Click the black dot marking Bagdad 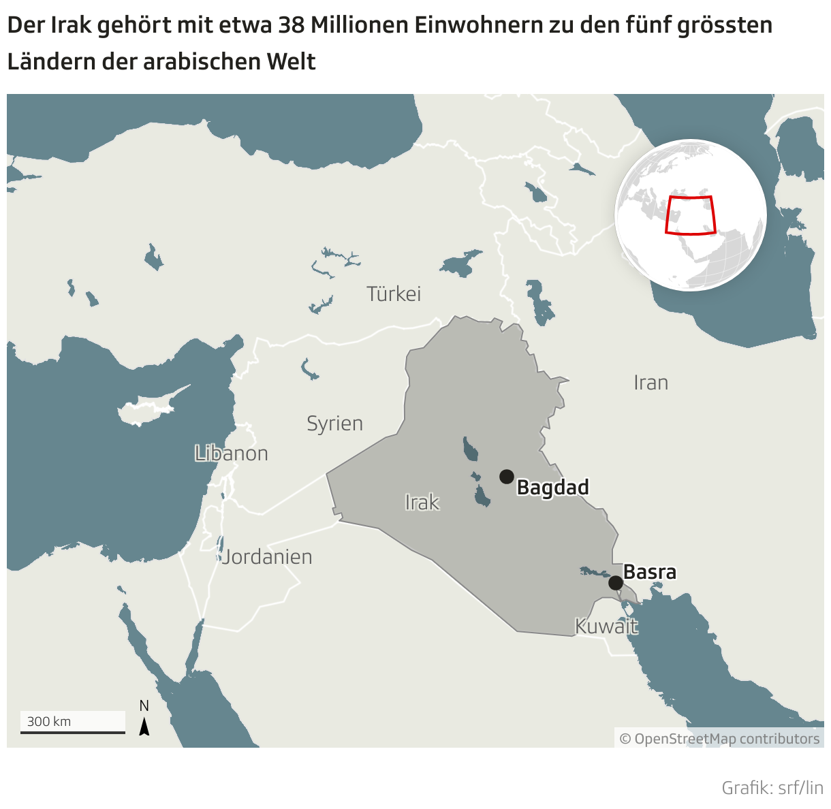pyautogui.click(x=506, y=477)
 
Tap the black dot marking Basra pyautogui.click(x=615, y=583)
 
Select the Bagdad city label pyautogui.click(x=552, y=488)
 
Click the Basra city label pyautogui.click(x=650, y=572)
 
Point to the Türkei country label pyautogui.click(x=394, y=294)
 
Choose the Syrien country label pyautogui.click(x=334, y=424)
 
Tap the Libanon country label pyautogui.click(x=231, y=454)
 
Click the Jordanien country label pyautogui.click(x=267, y=557)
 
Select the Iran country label pyautogui.click(x=650, y=383)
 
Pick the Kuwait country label pyautogui.click(x=606, y=626)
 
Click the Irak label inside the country pyautogui.click(x=422, y=503)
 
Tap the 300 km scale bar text pyautogui.click(x=49, y=722)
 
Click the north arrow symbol pyautogui.click(x=144, y=727)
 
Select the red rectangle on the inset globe pyautogui.click(x=690, y=215)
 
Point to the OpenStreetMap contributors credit pyautogui.click(x=719, y=739)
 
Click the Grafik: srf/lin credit pyautogui.click(x=772, y=788)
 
